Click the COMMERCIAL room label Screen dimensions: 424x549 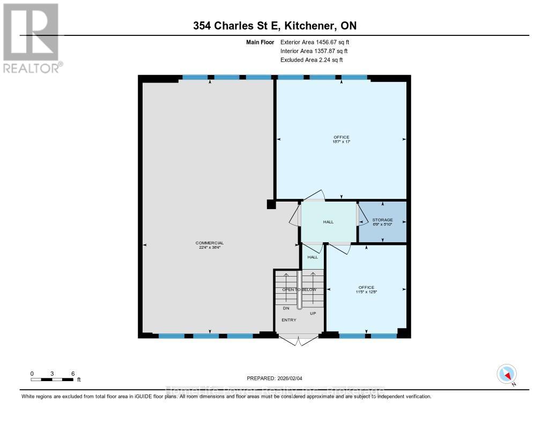(x=209, y=243)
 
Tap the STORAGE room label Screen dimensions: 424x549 (x=383, y=220)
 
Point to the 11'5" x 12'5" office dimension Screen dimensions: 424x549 (x=367, y=292)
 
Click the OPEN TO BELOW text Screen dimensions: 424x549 (x=299, y=289)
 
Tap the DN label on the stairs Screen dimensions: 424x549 (x=286, y=308)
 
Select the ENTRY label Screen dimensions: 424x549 (x=290, y=320)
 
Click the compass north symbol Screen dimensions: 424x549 (x=506, y=374)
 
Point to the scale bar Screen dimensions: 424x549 (x=52, y=380)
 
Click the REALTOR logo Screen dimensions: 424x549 (x=31, y=38)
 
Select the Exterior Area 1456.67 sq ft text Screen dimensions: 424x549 (x=315, y=42)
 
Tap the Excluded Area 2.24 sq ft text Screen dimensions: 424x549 (x=311, y=60)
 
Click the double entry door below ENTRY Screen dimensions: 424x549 (x=299, y=339)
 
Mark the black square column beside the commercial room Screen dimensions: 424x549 (x=271, y=204)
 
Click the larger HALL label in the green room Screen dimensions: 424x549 (x=328, y=221)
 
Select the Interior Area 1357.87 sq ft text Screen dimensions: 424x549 (x=315, y=51)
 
